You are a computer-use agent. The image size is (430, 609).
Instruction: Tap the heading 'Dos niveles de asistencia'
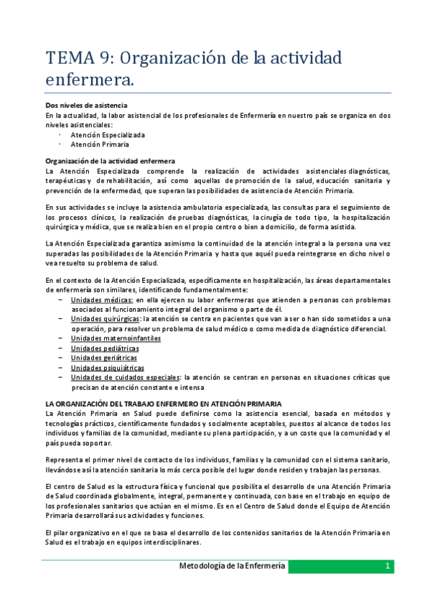86,106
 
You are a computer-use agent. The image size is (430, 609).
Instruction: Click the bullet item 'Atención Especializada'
108,134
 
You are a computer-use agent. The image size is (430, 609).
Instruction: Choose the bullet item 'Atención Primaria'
100,144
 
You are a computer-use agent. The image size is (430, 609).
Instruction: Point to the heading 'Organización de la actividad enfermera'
111,161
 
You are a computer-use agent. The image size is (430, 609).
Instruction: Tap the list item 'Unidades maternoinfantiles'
116,338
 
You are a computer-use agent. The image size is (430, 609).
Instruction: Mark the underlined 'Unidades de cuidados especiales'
125,377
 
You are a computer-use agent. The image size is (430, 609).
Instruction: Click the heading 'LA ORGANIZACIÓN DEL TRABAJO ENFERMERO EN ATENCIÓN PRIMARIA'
164,404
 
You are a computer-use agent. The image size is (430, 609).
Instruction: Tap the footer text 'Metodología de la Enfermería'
232,567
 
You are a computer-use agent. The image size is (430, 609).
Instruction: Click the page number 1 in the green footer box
387,567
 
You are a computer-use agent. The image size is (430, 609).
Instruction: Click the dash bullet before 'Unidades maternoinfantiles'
60,338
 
